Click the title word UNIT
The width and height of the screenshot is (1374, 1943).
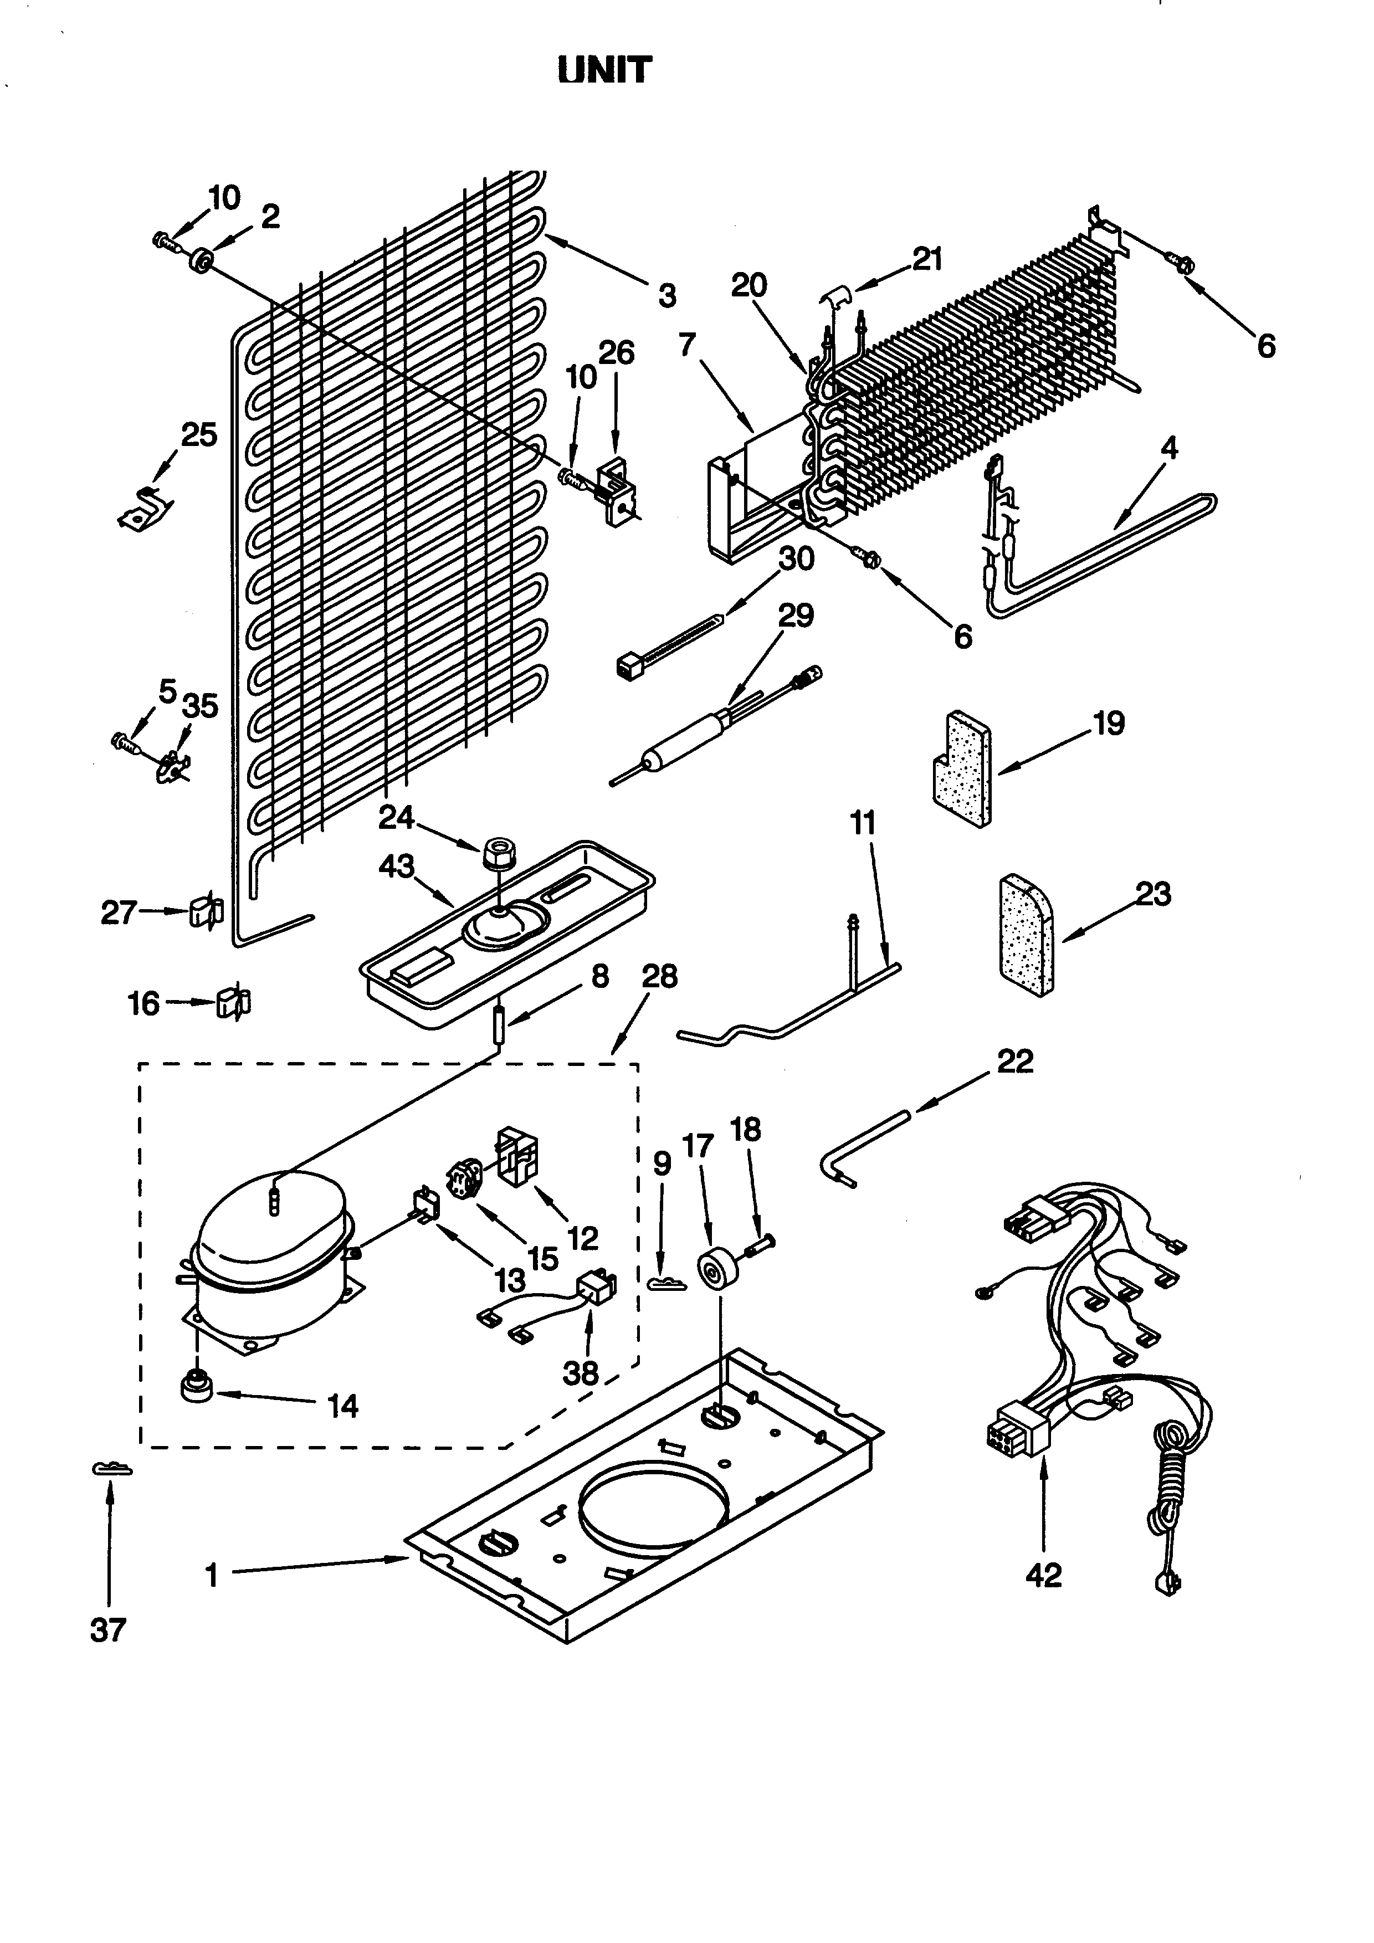tap(605, 70)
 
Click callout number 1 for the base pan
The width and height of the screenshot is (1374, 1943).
tap(212, 1575)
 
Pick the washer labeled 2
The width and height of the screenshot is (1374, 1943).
tap(201, 260)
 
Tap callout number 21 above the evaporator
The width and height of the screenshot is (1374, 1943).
tap(927, 259)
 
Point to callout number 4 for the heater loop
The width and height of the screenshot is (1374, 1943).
tap(1168, 447)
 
